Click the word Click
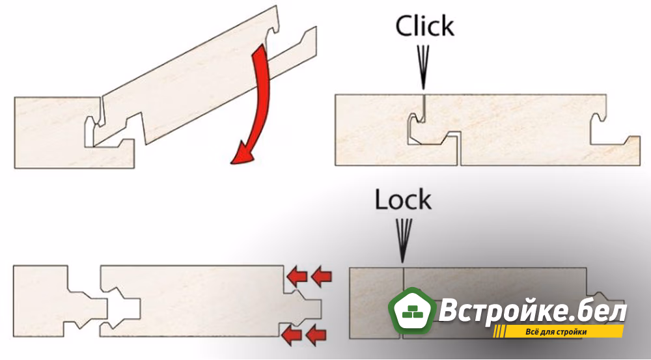point(424,26)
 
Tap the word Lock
point(403,200)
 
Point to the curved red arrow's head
point(243,154)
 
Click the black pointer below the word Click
point(423,67)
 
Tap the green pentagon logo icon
point(412,311)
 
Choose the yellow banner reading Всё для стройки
point(558,332)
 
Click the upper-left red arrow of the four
point(297,277)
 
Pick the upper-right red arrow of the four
point(322,277)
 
